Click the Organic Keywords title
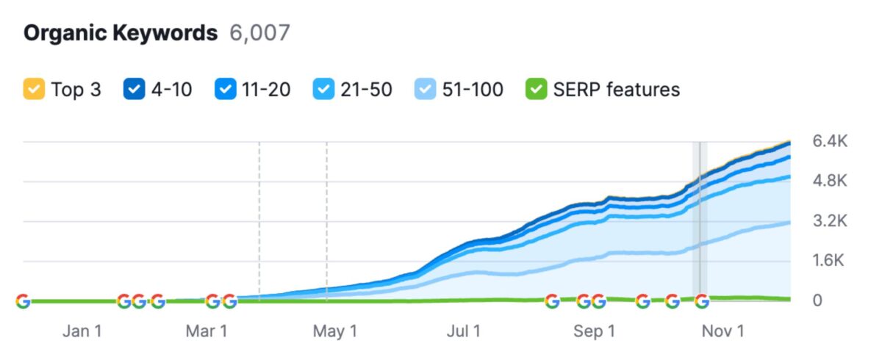click(121, 34)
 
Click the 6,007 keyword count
click(260, 34)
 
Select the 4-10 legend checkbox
click(135, 90)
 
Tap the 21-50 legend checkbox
click(324, 90)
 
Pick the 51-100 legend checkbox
click(426, 90)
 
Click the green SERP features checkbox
click(536, 90)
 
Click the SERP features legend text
click(616, 90)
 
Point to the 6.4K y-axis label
click(830, 141)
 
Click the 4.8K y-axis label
click(830, 181)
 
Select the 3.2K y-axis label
click(830, 220)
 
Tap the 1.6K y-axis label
click(830, 261)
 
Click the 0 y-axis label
click(817, 300)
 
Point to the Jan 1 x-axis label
click(82, 331)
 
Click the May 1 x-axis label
click(335, 331)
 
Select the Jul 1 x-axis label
click(464, 331)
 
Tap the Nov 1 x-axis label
click(723, 331)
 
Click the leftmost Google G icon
click(23, 301)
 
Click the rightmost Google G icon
click(702, 301)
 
